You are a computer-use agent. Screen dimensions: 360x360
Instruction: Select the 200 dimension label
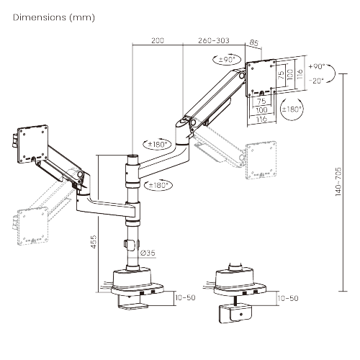pyautogui.click(x=158, y=42)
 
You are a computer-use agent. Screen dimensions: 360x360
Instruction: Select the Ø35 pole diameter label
pyautogui.click(x=148, y=252)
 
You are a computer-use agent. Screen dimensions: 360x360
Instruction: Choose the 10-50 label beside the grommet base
pyautogui.click(x=287, y=297)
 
